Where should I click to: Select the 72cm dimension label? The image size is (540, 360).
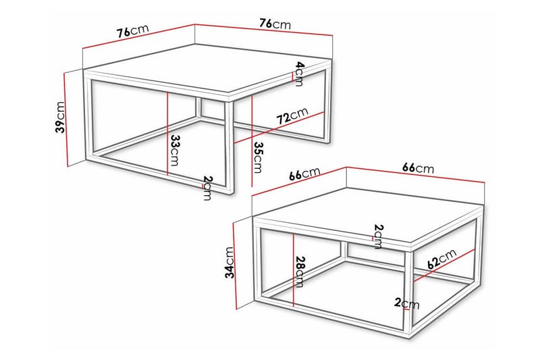(292, 117)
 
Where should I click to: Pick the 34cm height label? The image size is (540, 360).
(230, 263)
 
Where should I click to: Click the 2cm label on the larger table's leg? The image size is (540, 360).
(207, 188)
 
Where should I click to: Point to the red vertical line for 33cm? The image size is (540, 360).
(166, 135)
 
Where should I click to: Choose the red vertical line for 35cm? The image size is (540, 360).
(251, 142)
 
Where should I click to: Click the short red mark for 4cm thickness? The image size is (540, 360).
(292, 78)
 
